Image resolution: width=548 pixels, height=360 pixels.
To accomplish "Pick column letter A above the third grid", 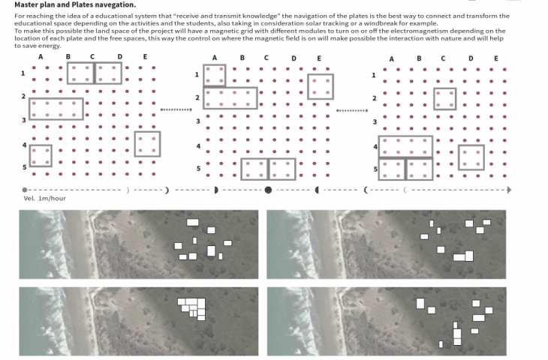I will point(391,58).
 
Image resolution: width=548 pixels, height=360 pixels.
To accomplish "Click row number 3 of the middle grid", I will point(198,121).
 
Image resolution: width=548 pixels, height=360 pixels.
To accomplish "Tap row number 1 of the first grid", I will point(23,73).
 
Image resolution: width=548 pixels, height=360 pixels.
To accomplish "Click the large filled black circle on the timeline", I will point(268,190).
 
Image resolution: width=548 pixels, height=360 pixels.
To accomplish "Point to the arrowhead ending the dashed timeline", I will point(509,190).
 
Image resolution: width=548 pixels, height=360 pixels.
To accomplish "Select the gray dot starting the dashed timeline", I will point(25,190).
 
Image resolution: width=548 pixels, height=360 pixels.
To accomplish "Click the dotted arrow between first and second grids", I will point(177,109).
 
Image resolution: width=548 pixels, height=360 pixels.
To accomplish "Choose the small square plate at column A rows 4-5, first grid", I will point(40,155).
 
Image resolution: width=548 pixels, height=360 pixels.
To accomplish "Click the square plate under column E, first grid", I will point(147,144).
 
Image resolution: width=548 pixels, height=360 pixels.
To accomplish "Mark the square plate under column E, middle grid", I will point(321,86).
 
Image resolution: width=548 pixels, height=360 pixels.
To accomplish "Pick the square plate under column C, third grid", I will point(444,98).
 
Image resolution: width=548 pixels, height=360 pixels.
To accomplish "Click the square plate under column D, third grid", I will point(471,157).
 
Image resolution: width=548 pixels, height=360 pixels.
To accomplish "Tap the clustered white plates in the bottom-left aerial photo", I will point(194,307).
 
